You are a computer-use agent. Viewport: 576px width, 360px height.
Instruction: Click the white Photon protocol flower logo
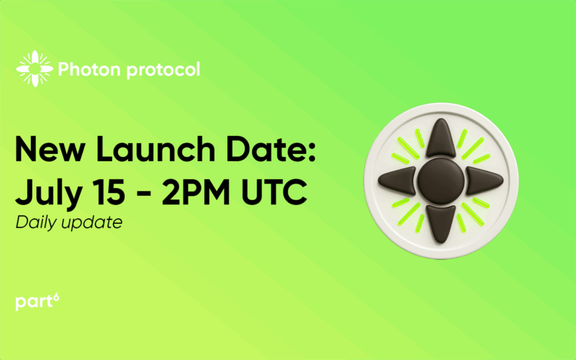(35, 68)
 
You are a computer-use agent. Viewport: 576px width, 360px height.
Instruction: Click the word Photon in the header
(89, 69)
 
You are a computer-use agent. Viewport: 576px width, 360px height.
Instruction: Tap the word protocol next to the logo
(163, 70)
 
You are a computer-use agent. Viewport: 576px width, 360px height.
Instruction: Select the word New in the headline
(50, 149)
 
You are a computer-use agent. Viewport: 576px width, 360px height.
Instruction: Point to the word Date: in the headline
(271, 149)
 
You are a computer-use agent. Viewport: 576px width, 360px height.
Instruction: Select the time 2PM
(196, 192)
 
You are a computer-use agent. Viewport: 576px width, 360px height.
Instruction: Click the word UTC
(274, 192)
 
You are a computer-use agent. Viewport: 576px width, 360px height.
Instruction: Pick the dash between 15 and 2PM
(142, 194)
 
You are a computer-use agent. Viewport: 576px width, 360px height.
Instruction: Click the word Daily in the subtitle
(35, 223)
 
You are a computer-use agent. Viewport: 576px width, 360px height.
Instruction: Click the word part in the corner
(34, 302)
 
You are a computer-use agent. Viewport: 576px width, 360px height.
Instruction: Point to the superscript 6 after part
(56, 297)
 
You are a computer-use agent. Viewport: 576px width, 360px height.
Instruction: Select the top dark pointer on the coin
(441, 138)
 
